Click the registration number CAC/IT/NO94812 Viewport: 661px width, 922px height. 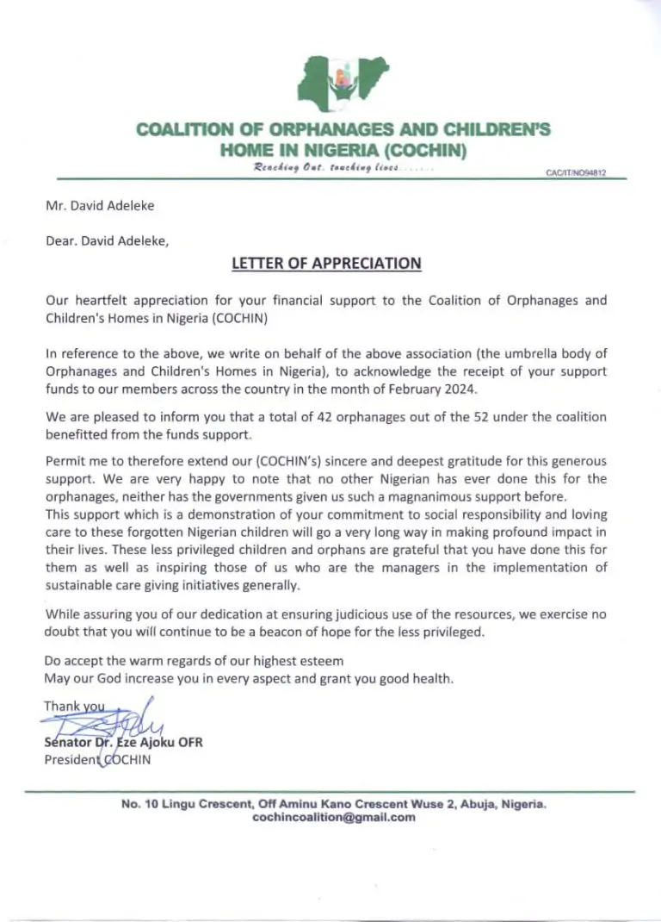[x=577, y=172]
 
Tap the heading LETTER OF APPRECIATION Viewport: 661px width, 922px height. [x=327, y=264]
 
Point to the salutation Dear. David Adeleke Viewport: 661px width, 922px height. [x=107, y=242]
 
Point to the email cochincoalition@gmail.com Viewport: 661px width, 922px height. [x=333, y=819]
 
